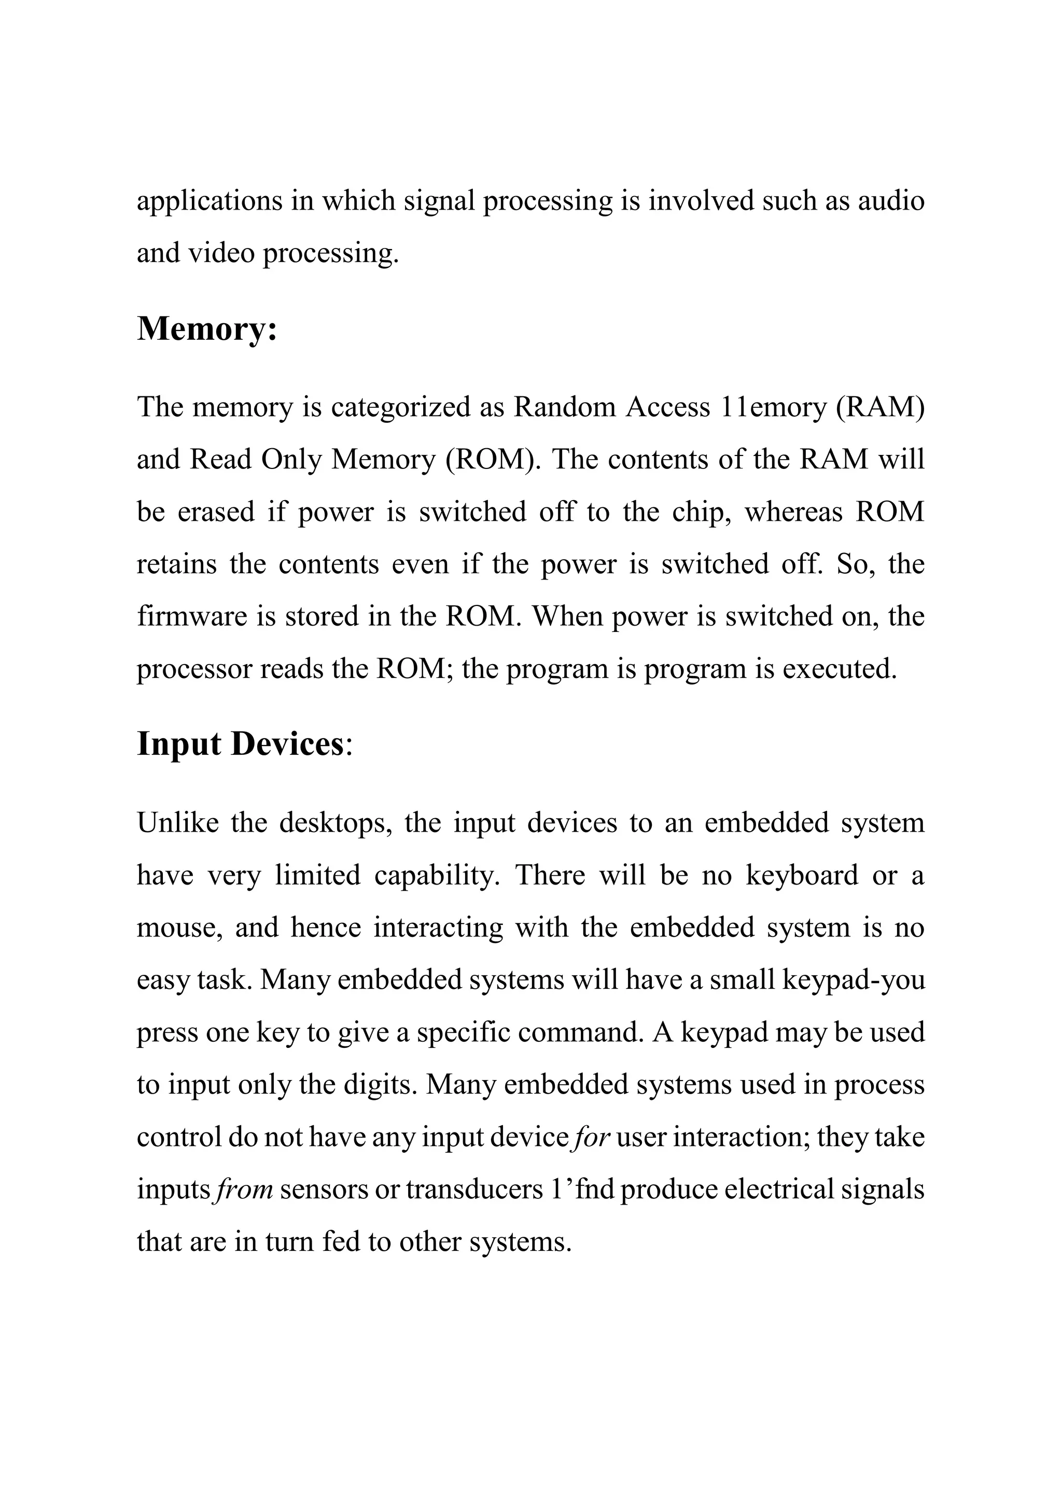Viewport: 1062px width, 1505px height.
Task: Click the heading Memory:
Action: [207, 328]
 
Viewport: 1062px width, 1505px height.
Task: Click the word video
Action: [221, 253]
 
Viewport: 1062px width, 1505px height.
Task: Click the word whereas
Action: [793, 513]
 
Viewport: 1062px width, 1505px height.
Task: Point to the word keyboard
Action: [802, 876]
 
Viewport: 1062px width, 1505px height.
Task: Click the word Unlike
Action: [177, 823]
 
